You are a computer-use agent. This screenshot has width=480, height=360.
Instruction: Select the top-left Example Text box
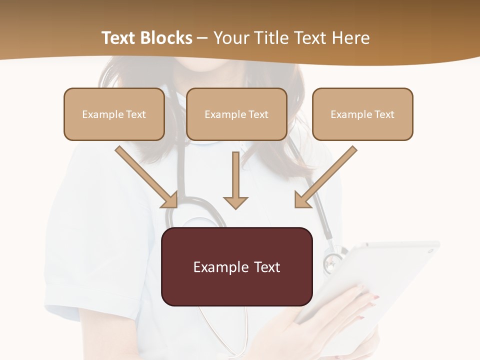[114, 114]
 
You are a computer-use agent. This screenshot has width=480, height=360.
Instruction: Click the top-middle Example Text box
[236, 114]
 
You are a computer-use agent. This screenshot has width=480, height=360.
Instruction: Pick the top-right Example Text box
[362, 114]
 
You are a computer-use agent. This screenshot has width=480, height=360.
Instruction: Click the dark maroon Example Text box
[237, 266]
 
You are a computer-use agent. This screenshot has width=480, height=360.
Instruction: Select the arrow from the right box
[328, 175]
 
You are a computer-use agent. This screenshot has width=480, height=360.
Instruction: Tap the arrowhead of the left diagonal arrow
[170, 200]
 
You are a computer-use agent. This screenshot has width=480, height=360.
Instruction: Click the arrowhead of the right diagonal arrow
[302, 200]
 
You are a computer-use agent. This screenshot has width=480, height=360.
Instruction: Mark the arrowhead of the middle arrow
[235, 202]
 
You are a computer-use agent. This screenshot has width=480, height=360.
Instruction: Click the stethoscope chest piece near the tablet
[332, 262]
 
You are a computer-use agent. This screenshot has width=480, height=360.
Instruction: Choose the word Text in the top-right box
[384, 114]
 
